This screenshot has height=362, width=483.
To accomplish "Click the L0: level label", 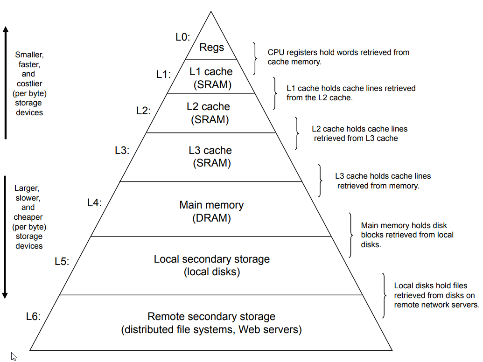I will click(182, 37).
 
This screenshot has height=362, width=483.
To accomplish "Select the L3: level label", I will click(122, 151).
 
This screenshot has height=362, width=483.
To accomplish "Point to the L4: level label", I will click(94, 203).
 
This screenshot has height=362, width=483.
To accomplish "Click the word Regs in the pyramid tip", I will click(211, 48).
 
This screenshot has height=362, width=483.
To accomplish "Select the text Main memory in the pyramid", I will click(211, 205).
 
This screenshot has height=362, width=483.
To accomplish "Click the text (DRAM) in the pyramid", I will click(211, 218).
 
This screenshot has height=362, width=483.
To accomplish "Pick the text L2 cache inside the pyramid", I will click(208, 106).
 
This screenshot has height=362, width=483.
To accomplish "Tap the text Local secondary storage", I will click(212, 259).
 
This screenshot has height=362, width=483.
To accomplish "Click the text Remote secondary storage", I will click(211, 317).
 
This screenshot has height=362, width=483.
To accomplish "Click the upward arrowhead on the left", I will click(6, 29).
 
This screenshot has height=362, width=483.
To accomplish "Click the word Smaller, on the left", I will click(28, 55).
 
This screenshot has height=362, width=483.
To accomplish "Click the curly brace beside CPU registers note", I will click(255, 59).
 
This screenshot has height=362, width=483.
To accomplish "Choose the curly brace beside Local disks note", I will click(384, 296).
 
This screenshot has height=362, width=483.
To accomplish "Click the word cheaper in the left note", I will click(28, 217).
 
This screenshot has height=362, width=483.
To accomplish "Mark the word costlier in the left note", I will click(29, 84).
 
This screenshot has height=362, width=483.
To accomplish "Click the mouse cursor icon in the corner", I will click(14, 356).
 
